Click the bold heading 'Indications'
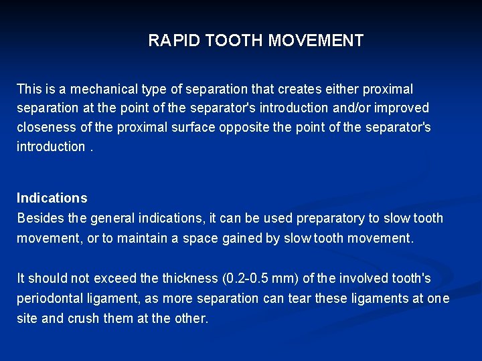tap(52, 198)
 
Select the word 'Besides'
tap(39, 219)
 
